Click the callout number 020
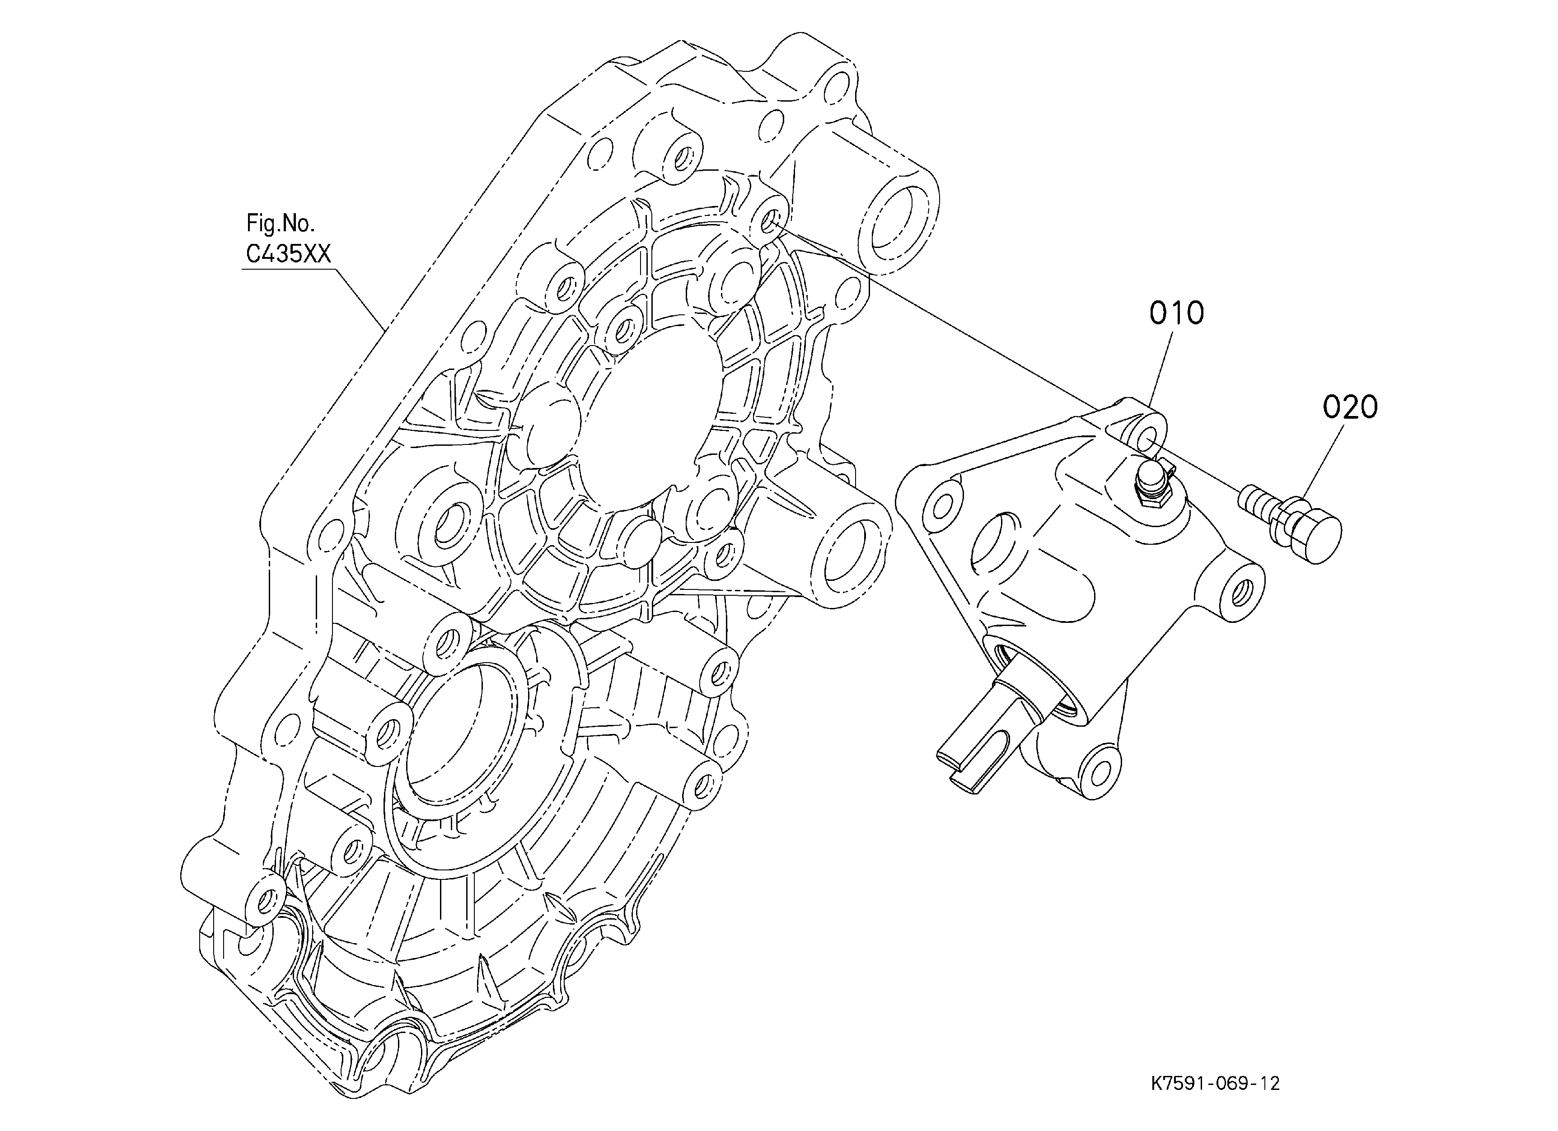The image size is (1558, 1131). pyautogui.click(x=1350, y=408)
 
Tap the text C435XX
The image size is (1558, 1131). pyautogui.click(x=289, y=255)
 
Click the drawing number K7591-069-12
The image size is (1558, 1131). pyautogui.click(x=1215, y=1084)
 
